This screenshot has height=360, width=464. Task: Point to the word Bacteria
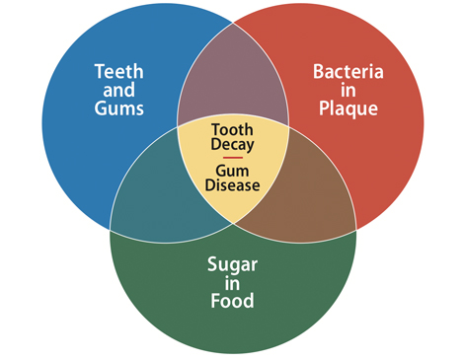(x=348, y=71)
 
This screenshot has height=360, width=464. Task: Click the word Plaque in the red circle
(x=348, y=108)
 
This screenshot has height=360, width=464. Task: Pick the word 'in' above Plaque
(x=348, y=89)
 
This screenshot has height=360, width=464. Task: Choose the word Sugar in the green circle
(x=233, y=263)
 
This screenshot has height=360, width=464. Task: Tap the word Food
(x=233, y=301)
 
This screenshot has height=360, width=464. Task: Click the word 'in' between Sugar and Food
(x=233, y=282)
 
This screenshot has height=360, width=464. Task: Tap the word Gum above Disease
(x=233, y=171)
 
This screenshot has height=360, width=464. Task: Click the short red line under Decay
(x=233, y=158)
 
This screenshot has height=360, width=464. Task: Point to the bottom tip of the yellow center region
(x=233, y=224)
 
